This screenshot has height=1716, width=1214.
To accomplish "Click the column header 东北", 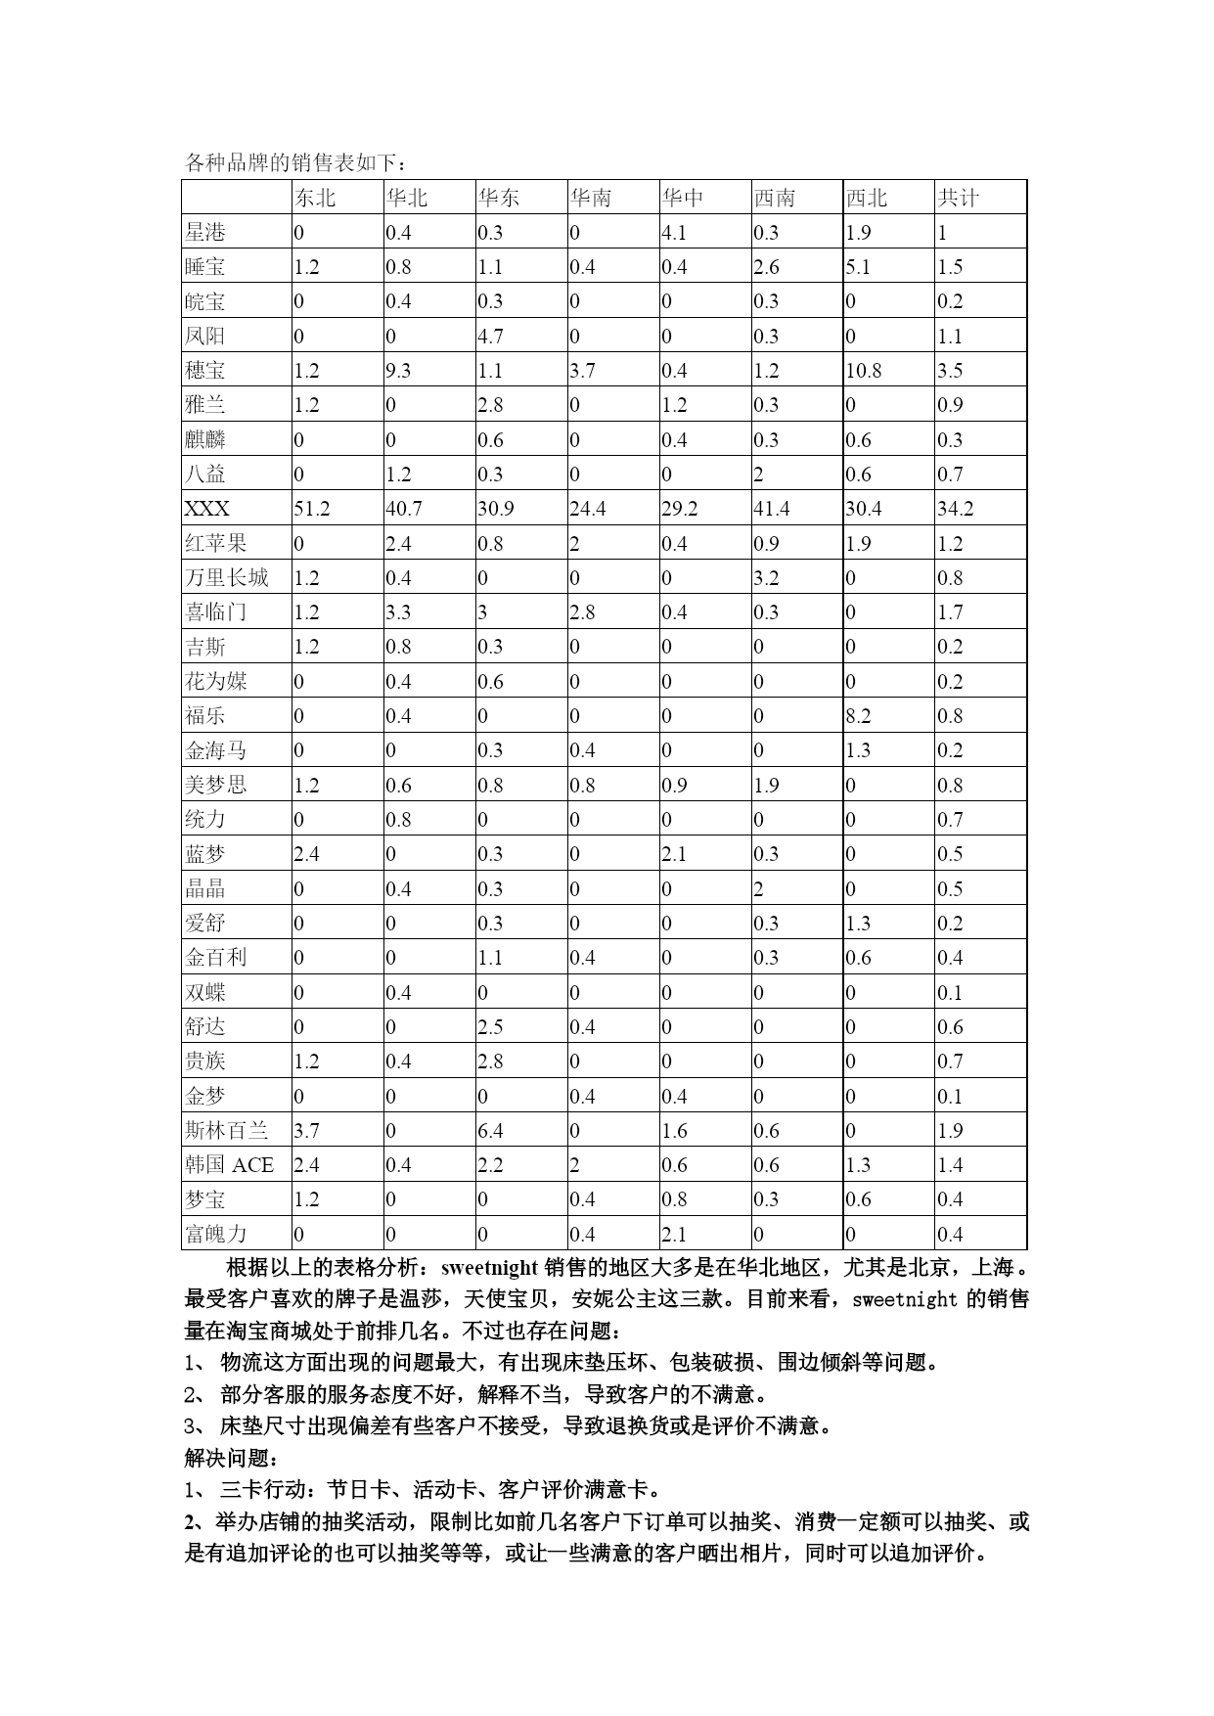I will click(x=315, y=198).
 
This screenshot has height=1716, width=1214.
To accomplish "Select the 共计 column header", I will click(x=958, y=198).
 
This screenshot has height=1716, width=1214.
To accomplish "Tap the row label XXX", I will click(x=207, y=509).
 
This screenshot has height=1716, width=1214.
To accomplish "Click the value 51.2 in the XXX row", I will click(x=312, y=509).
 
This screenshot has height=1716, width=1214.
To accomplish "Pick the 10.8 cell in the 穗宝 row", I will click(x=864, y=371).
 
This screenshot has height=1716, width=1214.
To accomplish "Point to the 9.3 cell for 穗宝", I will click(x=399, y=371).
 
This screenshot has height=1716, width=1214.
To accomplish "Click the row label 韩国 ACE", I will click(x=229, y=1165).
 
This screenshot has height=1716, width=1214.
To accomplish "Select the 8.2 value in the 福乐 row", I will click(x=858, y=716).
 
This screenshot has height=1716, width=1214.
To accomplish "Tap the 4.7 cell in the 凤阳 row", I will click(x=490, y=337).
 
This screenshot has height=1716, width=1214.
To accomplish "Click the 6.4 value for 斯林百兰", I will click(x=490, y=1131).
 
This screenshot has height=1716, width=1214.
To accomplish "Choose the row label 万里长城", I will click(x=226, y=578).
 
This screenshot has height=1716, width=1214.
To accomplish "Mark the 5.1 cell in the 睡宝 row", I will click(x=858, y=267).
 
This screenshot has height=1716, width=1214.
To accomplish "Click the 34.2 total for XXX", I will click(x=955, y=509).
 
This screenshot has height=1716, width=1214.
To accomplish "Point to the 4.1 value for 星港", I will click(x=674, y=233).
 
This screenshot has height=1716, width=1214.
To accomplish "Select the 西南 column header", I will click(x=774, y=198).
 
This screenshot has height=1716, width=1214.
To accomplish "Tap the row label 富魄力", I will click(x=215, y=1235).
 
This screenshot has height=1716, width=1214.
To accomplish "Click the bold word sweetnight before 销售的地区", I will click(x=489, y=1268).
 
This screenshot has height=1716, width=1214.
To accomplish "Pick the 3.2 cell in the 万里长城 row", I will click(x=766, y=578).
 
